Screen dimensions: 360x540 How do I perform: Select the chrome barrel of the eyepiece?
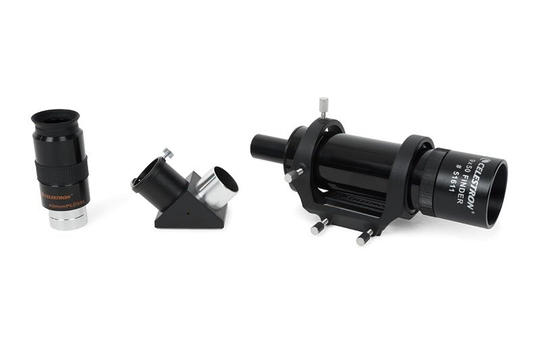(69, 218)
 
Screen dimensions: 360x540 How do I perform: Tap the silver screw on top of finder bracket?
(323, 107)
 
